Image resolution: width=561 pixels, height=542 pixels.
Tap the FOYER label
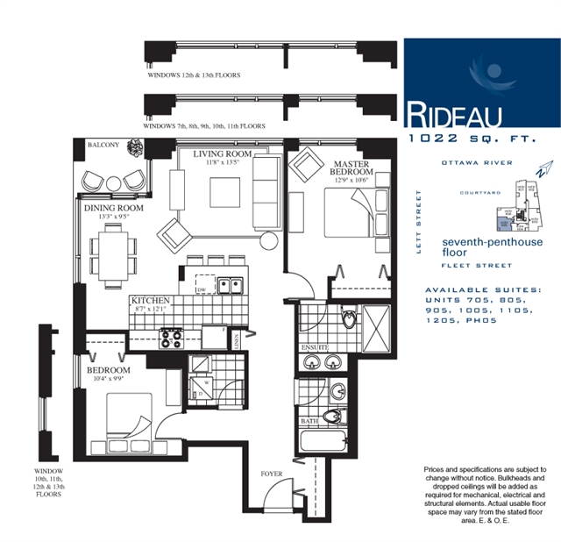click(271, 474)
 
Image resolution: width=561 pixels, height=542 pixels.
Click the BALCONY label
click(103, 146)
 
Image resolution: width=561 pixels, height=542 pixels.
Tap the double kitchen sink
click(231, 284)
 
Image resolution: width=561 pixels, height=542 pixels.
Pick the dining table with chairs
click(112, 251)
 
